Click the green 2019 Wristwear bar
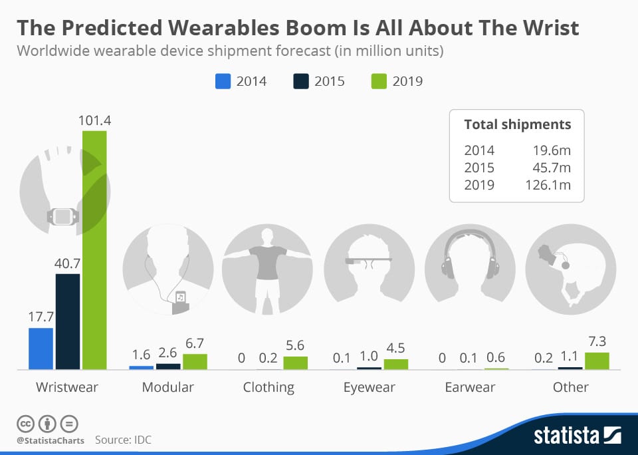pyautogui.click(x=94, y=249)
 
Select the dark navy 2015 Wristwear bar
pyautogui.click(x=68, y=321)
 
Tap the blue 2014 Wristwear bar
pyautogui.click(x=41, y=349)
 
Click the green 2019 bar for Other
pyautogui.click(x=597, y=361)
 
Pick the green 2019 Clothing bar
pyautogui.click(x=295, y=363)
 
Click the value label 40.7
pyautogui.click(x=68, y=263)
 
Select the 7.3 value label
pyautogui.click(x=597, y=342)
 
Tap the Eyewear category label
pyautogui.click(x=369, y=387)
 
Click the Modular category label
pyautogui.click(x=167, y=387)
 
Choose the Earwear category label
pyautogui.click(x=470, y=387)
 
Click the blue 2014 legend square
pyautogui.click(x=223, y=81)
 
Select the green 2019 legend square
pyautogui.click(x=378, y=81)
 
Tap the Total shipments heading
pyautogui.click(x=517, y=124)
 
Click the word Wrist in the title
pyautogui.click(x=546, y=28)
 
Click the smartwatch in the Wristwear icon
pyautogui.click(x=62, y=216)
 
